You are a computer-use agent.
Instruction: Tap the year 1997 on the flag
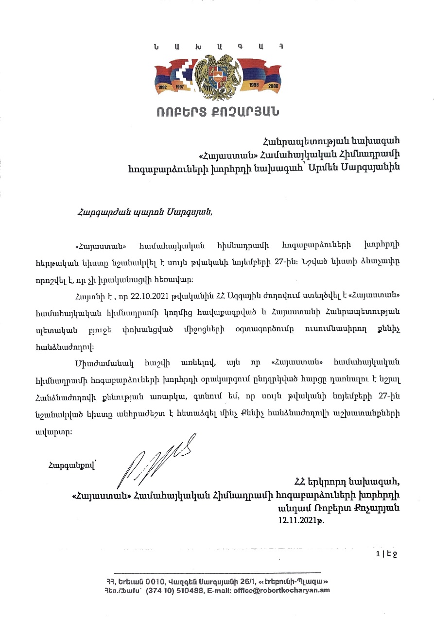(x=181, y=89)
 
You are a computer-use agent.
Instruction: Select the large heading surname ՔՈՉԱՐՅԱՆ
(x=250, y=112)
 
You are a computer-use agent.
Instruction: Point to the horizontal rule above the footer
(x=217, y=573)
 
